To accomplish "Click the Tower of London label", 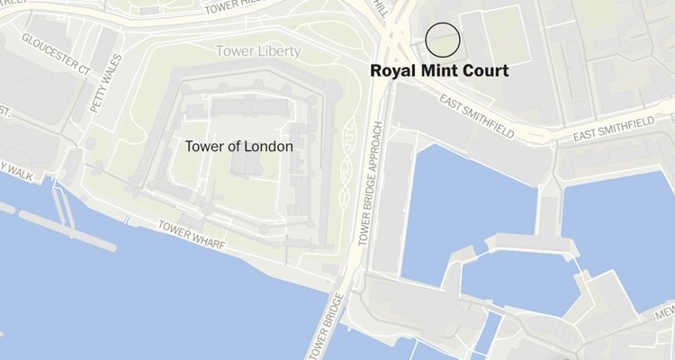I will pyautogui.click(x=238, y=145).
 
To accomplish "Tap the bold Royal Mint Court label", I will pyautogui.click(x=440, y=70).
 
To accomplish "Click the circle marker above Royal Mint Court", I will pyautogui.click(x=442, y=40).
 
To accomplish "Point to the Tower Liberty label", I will pyautogui.click(x=257, y=51).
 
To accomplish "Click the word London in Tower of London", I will pyautogui.click(x=270, y=145).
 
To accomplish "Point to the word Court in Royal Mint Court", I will pyautogui.click(x=486, y=70).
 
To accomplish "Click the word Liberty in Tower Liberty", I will pyautogui.click(x=277, y=51).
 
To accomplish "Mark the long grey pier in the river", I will pyautogui.click(x=68, y=230).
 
